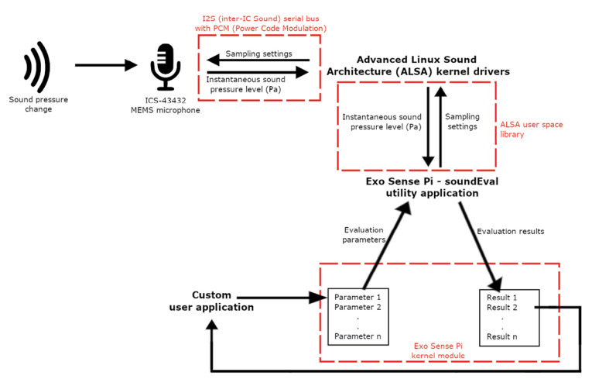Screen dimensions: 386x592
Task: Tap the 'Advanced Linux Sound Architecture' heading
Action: (x=426, y=66)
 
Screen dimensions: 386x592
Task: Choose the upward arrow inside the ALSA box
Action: (x=440, y=125)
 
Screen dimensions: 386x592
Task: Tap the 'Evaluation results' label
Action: (x=510, y=231)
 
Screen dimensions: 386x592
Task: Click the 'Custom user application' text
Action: (x=200, y=302)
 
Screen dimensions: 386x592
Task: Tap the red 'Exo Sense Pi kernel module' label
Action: (x=439, y=350)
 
